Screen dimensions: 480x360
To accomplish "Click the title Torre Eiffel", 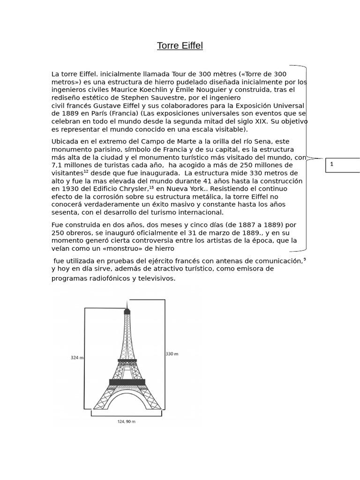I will pos(180,45).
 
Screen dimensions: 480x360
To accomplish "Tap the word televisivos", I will pos(156,278).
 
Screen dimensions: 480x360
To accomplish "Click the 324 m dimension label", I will pos(76,358).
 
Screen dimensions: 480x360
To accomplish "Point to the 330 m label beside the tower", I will pos(172,354).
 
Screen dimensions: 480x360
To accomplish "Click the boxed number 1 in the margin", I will pos(332,164).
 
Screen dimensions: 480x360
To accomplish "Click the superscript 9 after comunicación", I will pos(305,259).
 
